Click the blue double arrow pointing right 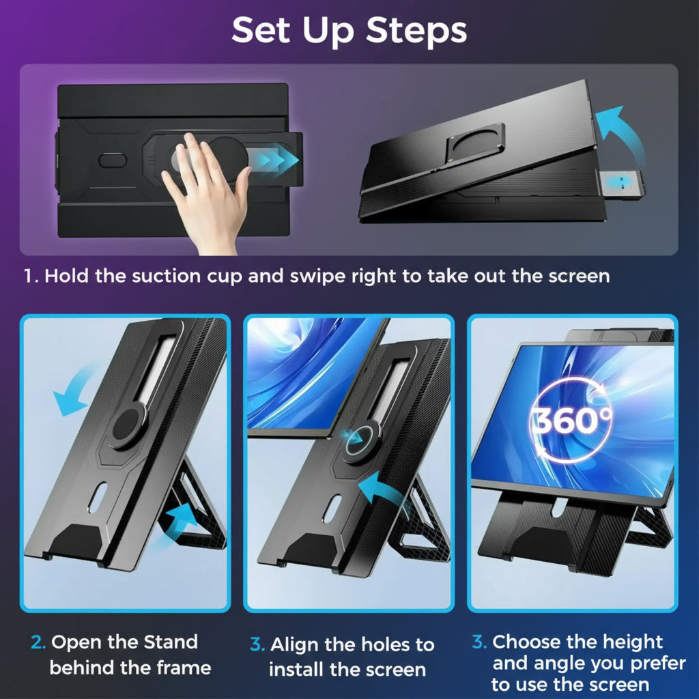click(272, 158)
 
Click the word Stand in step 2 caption click(171, 642)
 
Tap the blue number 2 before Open click(38, 642)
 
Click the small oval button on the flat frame click(113, 160)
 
